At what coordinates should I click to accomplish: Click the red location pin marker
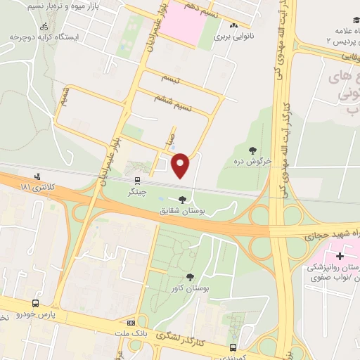181,165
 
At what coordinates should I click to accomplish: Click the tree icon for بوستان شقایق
184,199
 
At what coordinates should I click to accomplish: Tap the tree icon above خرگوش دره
252,149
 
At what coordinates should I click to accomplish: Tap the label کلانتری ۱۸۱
37,188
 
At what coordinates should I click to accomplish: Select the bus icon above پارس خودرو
34,302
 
